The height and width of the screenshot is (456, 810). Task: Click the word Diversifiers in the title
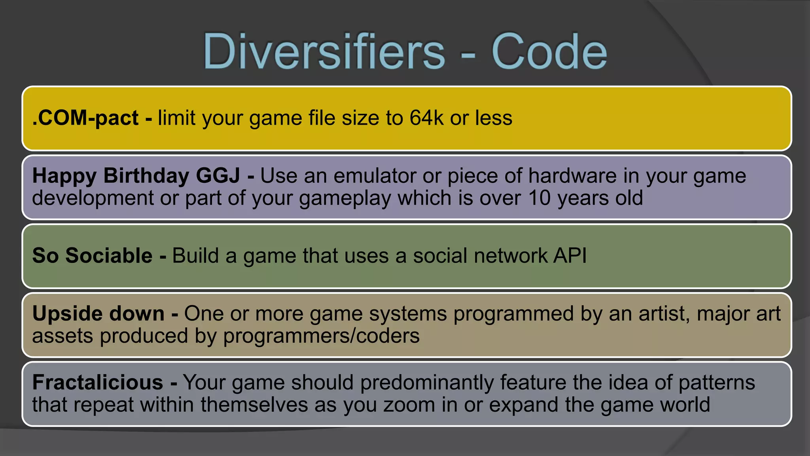(x=324, y=51)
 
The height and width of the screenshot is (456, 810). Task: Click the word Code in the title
(x=549, y=51)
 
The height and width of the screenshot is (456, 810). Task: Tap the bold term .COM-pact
(x=85, y=118)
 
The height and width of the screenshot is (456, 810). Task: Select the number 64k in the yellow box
(x=426, y=118)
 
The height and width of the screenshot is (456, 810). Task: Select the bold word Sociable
(x=109, y=256)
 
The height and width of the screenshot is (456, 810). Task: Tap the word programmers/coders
(x=321, y=336)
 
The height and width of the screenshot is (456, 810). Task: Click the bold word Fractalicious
(x=98, y=382)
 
